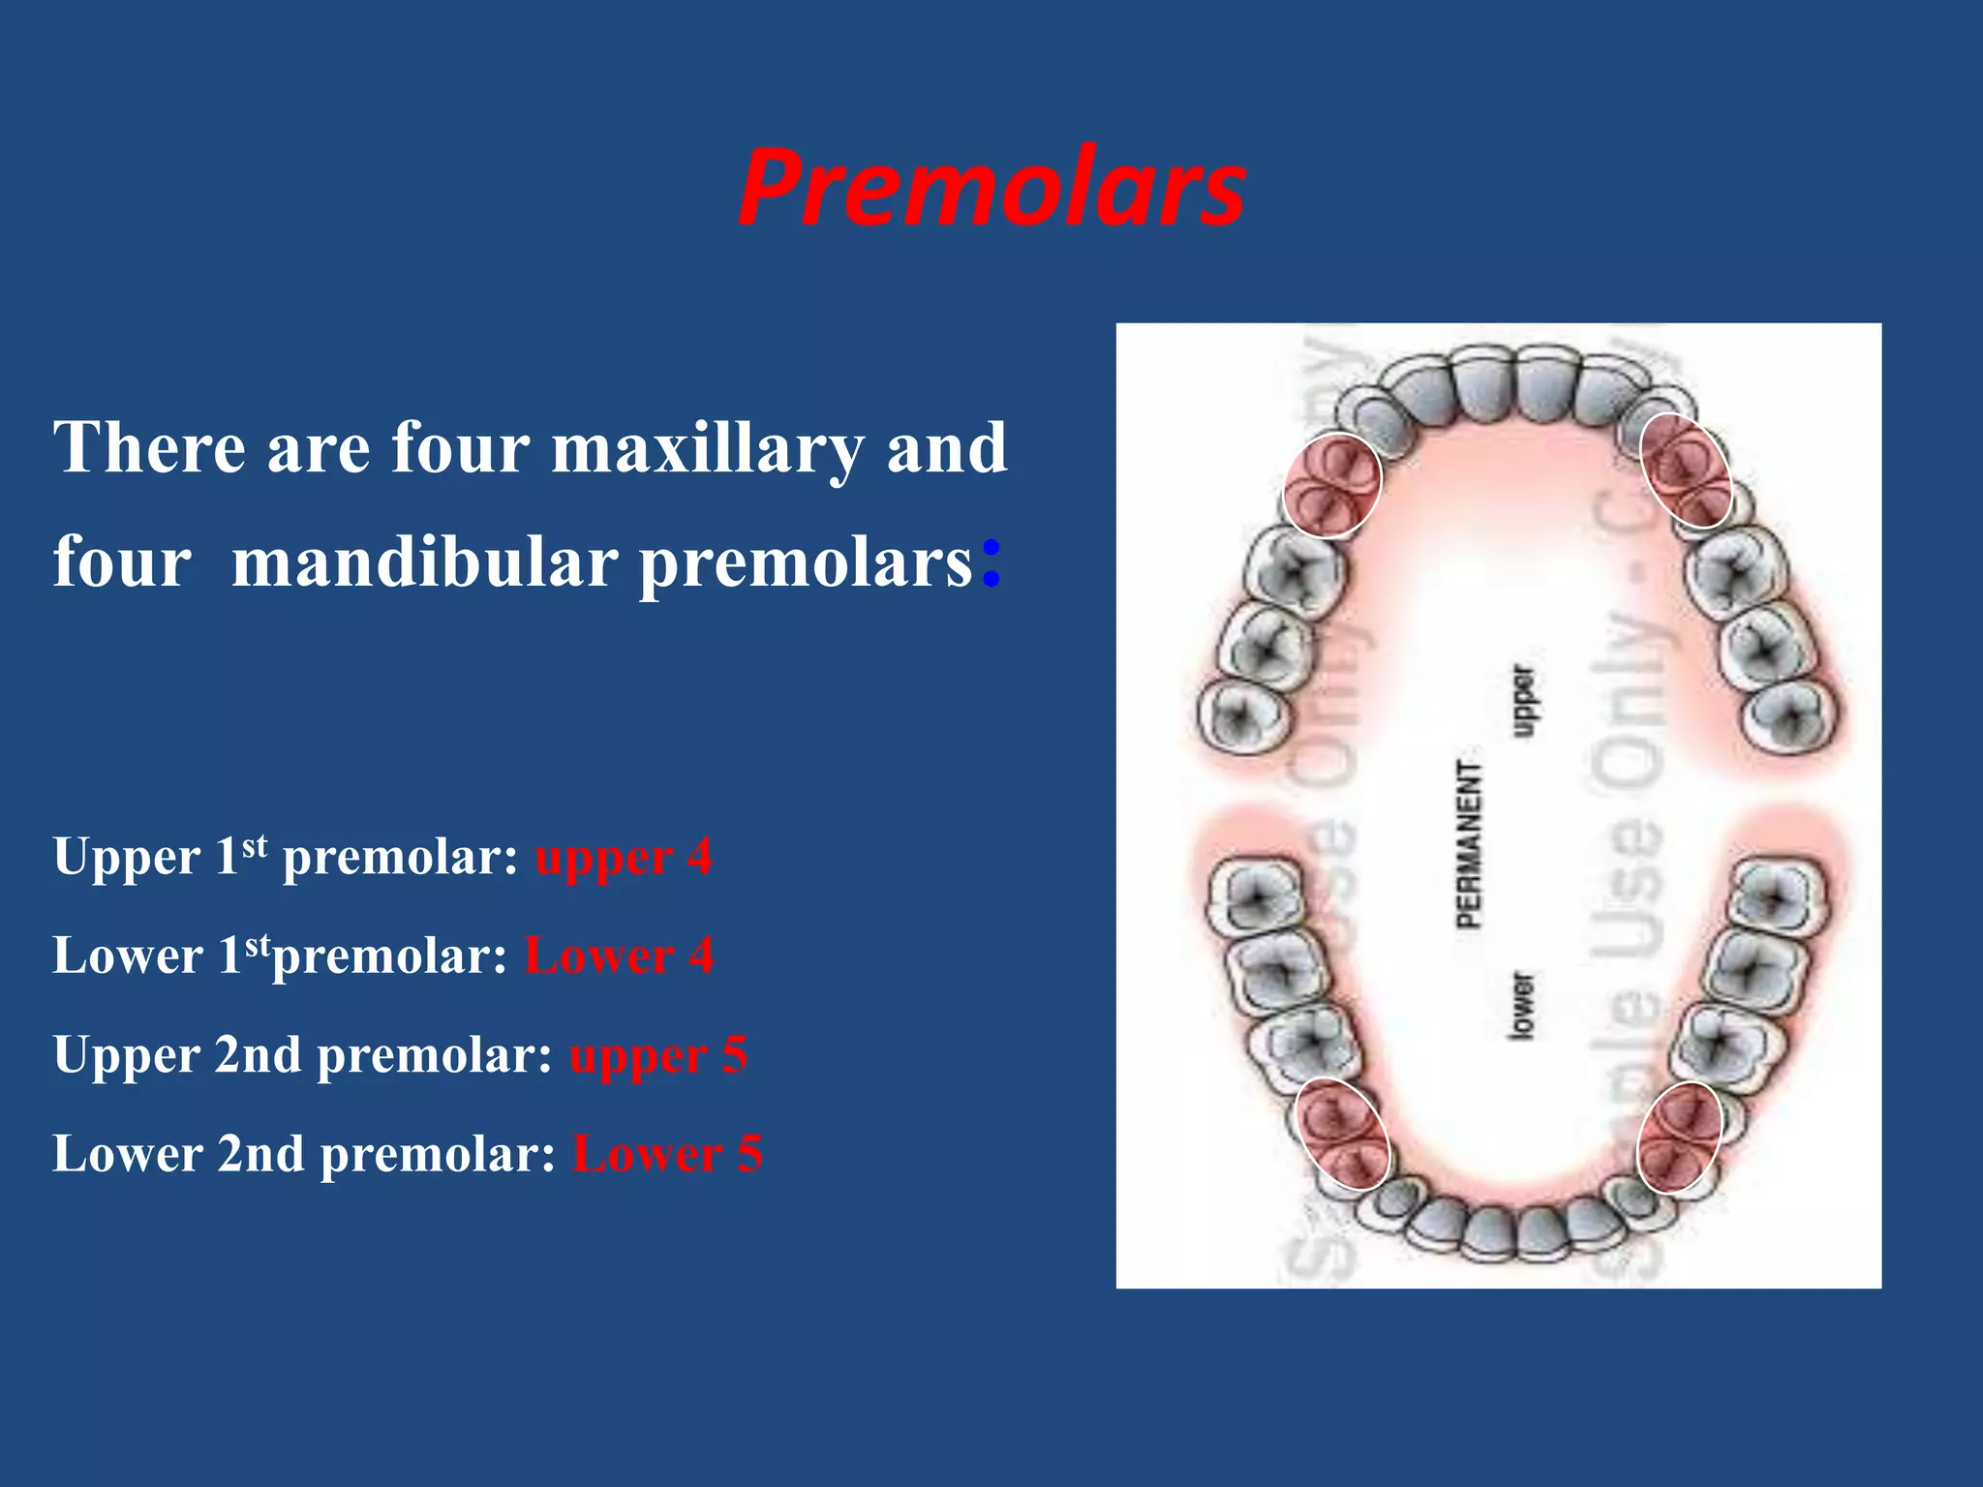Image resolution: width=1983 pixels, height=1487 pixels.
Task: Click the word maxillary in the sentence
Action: tap(707, 448)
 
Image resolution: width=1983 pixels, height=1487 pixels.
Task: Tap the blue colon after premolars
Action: tap(990, 562)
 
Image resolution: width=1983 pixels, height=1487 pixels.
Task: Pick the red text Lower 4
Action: tap(619, 956)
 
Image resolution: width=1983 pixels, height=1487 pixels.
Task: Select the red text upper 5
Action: tap(658, 1055)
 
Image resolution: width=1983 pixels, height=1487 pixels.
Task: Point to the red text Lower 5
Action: tap(667, 1154)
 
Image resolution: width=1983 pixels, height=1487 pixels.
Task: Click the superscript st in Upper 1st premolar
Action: tap(254, 846)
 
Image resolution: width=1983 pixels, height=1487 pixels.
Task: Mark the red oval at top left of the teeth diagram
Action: tap(1331, 485)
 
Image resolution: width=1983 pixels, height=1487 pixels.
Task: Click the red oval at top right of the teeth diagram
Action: tap(1686, 470)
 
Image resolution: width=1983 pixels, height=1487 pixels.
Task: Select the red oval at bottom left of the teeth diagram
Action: tap(1343, 1134)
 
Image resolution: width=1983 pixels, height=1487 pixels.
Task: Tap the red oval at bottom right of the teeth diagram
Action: tap(1679, 1137)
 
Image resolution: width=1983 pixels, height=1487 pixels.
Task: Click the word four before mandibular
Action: tap(122, 562)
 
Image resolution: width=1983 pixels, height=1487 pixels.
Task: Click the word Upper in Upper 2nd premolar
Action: tap(126, 1055)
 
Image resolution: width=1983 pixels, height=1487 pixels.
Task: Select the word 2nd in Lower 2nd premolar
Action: tap(260, 1154)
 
